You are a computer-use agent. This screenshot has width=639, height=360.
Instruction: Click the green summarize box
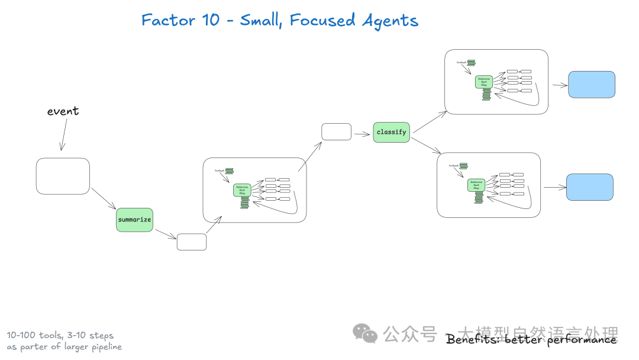(x=134, y=220)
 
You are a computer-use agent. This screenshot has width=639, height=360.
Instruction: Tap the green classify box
(x=391, y=132)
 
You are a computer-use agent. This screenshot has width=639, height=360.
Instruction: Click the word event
(x=63, y=111)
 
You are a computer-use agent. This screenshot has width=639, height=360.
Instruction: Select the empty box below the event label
(x=63, y=176)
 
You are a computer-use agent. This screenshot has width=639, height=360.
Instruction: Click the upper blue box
(x=592, y=85)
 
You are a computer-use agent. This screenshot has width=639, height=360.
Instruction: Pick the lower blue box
(x=590, y=187)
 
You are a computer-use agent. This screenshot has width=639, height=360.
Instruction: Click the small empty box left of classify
(x=336, y=131)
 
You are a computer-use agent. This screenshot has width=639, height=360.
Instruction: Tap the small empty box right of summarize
(x=192, y=242)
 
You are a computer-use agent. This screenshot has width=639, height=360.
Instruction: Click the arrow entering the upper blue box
(x=559, y=85)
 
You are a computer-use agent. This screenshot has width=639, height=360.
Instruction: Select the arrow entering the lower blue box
(x=555, y=188)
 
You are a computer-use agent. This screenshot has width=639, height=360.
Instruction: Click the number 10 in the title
(x=211, y=20)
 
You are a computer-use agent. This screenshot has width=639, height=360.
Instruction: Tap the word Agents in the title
(x=390, y=21)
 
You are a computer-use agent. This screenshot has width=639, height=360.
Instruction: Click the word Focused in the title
(x=322, y=20)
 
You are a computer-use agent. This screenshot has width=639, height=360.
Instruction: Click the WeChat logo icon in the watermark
(x=365, y=334)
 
